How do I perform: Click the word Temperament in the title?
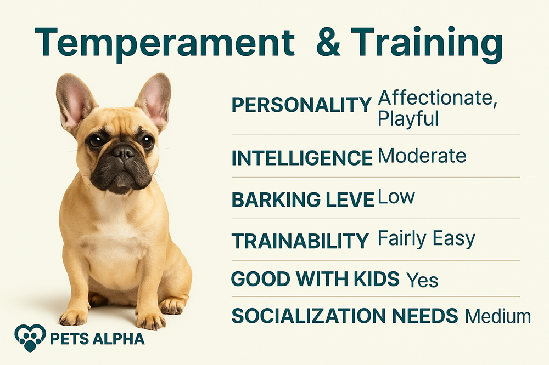(x=164, y=43)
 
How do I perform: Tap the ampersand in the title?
(x=328, y=42)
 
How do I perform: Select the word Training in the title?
(x=427, y=43)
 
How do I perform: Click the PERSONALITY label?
(x=301, y=105)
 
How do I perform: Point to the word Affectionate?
(x=438, y=98)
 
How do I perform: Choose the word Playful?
(x=408, y=119)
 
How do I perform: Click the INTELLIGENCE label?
(x=302, y=158)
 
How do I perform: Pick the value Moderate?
(x=422, y=156)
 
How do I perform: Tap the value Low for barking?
(x=396, y=197)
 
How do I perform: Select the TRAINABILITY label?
(x=300, y=241)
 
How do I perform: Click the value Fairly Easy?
(x=427, y=239)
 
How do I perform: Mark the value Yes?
(x=422, y=280)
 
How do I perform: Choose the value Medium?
(x=498, y=316)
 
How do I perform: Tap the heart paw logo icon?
(x=30, y=338)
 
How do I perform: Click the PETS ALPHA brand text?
(x=97, y=339)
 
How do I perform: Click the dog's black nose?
(x=123, y=153)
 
